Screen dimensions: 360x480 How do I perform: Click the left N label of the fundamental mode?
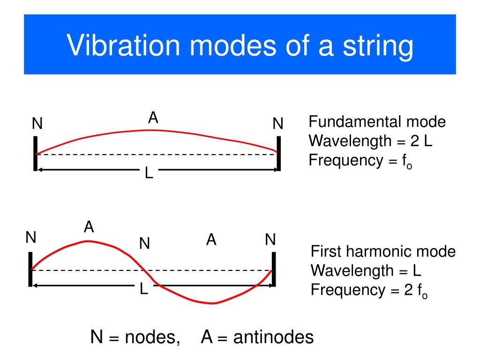click(x=37, y=124)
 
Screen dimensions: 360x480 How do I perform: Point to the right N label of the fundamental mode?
click(x=278, y=124)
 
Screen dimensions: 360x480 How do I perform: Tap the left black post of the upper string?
click(x=35, y=153)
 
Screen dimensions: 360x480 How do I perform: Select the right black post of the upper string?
click(x=278, y=153)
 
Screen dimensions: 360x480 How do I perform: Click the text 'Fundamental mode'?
click(x=377, y=122)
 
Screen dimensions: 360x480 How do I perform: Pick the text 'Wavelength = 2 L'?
click(x=370, y=141)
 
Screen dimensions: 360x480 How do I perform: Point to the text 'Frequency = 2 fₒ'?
click(x=369, y=291)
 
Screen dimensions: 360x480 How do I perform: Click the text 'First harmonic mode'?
click(x=383, y=252)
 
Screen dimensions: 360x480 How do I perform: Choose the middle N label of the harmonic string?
click(x=144, y=243)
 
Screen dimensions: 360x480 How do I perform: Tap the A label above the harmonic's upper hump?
click(x=89, y=227)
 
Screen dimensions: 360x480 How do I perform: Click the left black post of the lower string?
click(x=30, y=269)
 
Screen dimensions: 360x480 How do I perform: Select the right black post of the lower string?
click(x=274, y=269)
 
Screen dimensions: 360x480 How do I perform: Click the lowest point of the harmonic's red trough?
click(x=213, y=303)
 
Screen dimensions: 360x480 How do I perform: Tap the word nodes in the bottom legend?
click(x=152, y=337)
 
